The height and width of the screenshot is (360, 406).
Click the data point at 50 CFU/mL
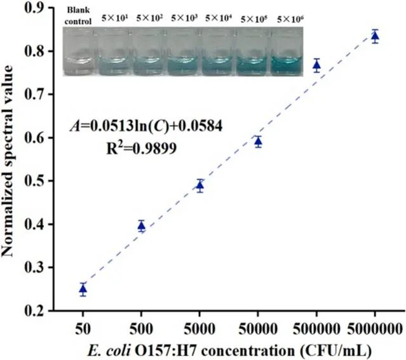click(x=83, y=289)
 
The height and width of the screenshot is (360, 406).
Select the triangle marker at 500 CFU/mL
click(x=142, y=225)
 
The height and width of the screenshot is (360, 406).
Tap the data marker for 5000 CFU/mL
click(x=200, y=185)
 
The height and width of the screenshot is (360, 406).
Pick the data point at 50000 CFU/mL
click(x=258, y=141)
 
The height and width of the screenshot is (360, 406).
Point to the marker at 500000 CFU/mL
click(x=316, y=65)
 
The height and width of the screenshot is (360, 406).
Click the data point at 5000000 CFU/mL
click(x=375, y=36)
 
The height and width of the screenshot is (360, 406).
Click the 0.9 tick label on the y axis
click(x=42, y=8)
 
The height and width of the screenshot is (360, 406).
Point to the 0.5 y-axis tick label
click(x=42, y=181)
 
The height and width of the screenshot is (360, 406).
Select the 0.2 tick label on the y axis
click(x=42, y=311)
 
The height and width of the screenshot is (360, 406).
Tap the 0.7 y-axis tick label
click(x=42, y=94)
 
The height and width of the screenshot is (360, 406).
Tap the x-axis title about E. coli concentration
click(x=229, y=349)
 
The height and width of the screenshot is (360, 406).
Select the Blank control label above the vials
click(x=81, y=15)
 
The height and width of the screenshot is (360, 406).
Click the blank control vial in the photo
click(x=81, y=52)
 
